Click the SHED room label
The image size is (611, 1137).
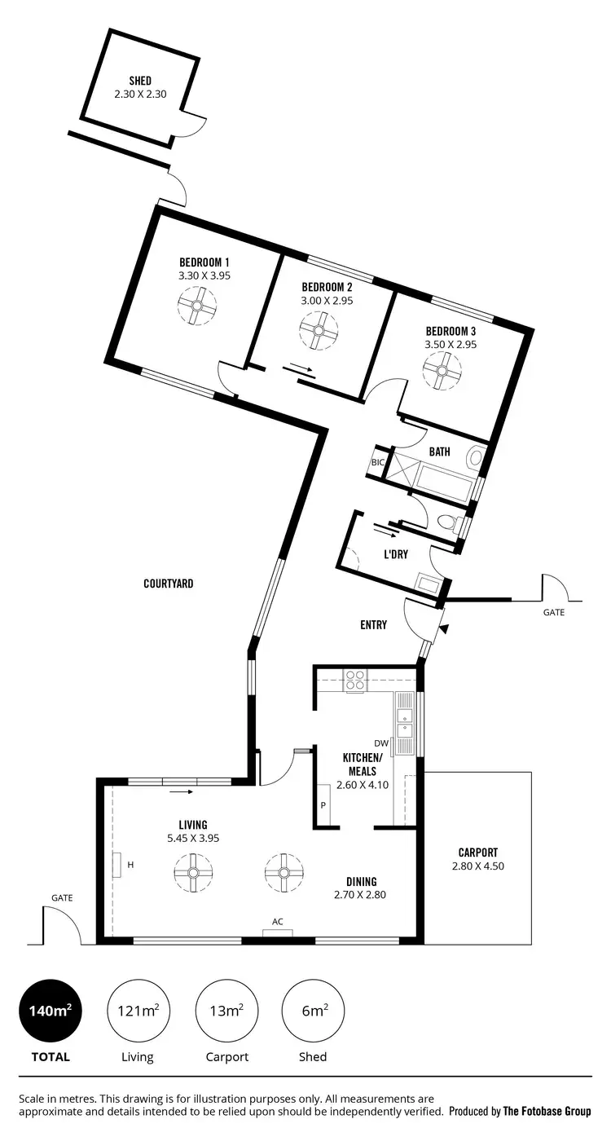click(x=140, y=81)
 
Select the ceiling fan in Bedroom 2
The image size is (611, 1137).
click(x=319, y=331)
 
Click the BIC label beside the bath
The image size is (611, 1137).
click(x=378, y=462)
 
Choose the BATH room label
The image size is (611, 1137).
click(x=439, y=452)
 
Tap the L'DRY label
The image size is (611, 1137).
click(x=395, y=554)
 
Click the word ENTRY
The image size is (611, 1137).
click(x=373, y=625)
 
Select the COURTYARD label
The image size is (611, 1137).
click(x=168, y=584)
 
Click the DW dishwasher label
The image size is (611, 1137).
click(x=380, y=743)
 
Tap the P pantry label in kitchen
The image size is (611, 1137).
click(x=323, y=805)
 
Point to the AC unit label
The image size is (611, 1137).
click(x=278, y=922)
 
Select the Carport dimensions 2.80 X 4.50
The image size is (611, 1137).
click(x=477, y=866)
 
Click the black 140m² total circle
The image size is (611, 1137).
click(x=51, y=1011)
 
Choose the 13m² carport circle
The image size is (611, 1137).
click(x=226, y=1011)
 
